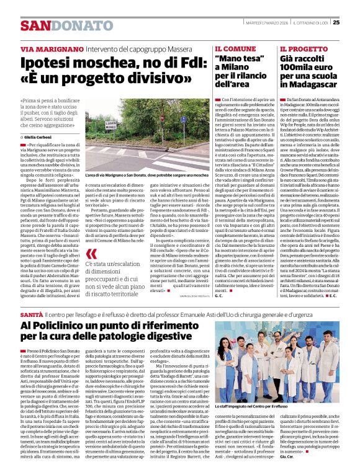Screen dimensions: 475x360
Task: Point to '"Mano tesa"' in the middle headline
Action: pyautogui.click(x=240, y=59)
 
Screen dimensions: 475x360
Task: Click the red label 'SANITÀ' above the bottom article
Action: pyautogui.click(x=31, y=316)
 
